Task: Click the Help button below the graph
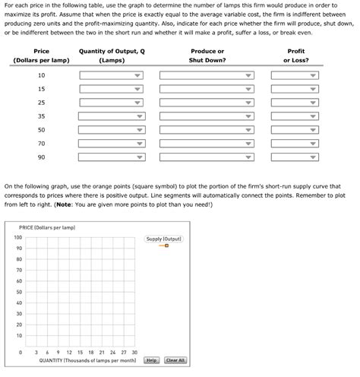pyautogui.click(x=151, y=360)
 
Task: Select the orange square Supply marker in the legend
pyautogui.click(x=166, y=246)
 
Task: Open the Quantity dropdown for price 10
pyautogui.click(x=112, y=76)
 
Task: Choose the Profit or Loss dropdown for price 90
pyautogui.click(x=295, y=158)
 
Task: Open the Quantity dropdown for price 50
pyautogui.click(x=112, y=131)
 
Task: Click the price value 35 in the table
pyautogui.click(x=41, y=116)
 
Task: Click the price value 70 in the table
pyautogui.click(x=41, y=144)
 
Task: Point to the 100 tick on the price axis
pyautogui.click(x=17, y=238)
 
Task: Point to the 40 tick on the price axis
pyautogui.click(x=18, y=303)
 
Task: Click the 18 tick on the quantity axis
pyautogui.click(x=90, y=353)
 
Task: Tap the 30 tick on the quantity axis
pyautogui.click(x=134, y=353)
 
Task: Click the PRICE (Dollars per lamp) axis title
pyautogui.click(x=47, y=227)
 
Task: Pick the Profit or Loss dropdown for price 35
pyautogui.click(x=295, y=117)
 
